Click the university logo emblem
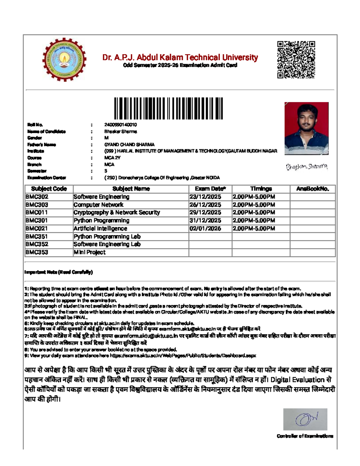click(64, 59)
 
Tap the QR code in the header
click(296, 60)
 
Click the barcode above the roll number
click(168, 108)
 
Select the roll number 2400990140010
click(121, 125)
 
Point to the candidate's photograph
click(306, 128)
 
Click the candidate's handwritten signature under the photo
click(306, 167)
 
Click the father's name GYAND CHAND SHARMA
click(129, 145)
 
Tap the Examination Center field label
click(46, 178)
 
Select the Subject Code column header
click(49, 189)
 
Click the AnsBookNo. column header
click(312, 189)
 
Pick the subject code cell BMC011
click(37, 212)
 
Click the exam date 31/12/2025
click(205, 221)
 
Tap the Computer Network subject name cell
click(98, 205)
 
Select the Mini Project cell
click(89, 252)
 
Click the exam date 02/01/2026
click(205, 228)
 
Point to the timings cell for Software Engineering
click(254, 197)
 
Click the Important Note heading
click(58, 272)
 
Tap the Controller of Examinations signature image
click(305, 419)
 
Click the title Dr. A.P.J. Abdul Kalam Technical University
click(180, 57)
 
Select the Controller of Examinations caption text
click(305, 436)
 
